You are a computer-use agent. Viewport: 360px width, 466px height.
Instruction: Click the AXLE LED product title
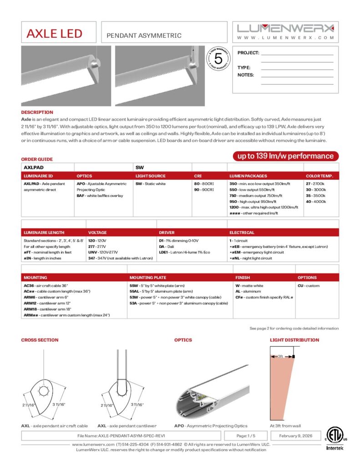coord(54,34)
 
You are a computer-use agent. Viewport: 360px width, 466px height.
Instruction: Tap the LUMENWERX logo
coord(285,28)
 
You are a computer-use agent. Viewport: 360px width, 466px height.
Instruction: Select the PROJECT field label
coord(248,53)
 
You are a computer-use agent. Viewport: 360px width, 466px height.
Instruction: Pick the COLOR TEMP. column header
coord(319,176)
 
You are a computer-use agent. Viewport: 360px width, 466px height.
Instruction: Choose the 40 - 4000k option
coord(316,201)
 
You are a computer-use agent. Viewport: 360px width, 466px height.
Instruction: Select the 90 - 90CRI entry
coord(204,189)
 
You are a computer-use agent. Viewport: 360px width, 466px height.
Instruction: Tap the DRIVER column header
coord(166,233)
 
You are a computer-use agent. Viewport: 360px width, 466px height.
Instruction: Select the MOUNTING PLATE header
coord(147,277)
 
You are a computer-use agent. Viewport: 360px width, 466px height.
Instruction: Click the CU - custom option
coord(309,286)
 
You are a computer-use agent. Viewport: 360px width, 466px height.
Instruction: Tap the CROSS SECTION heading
coord(40,340)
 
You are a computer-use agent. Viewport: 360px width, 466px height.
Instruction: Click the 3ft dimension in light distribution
coord(281,356)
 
